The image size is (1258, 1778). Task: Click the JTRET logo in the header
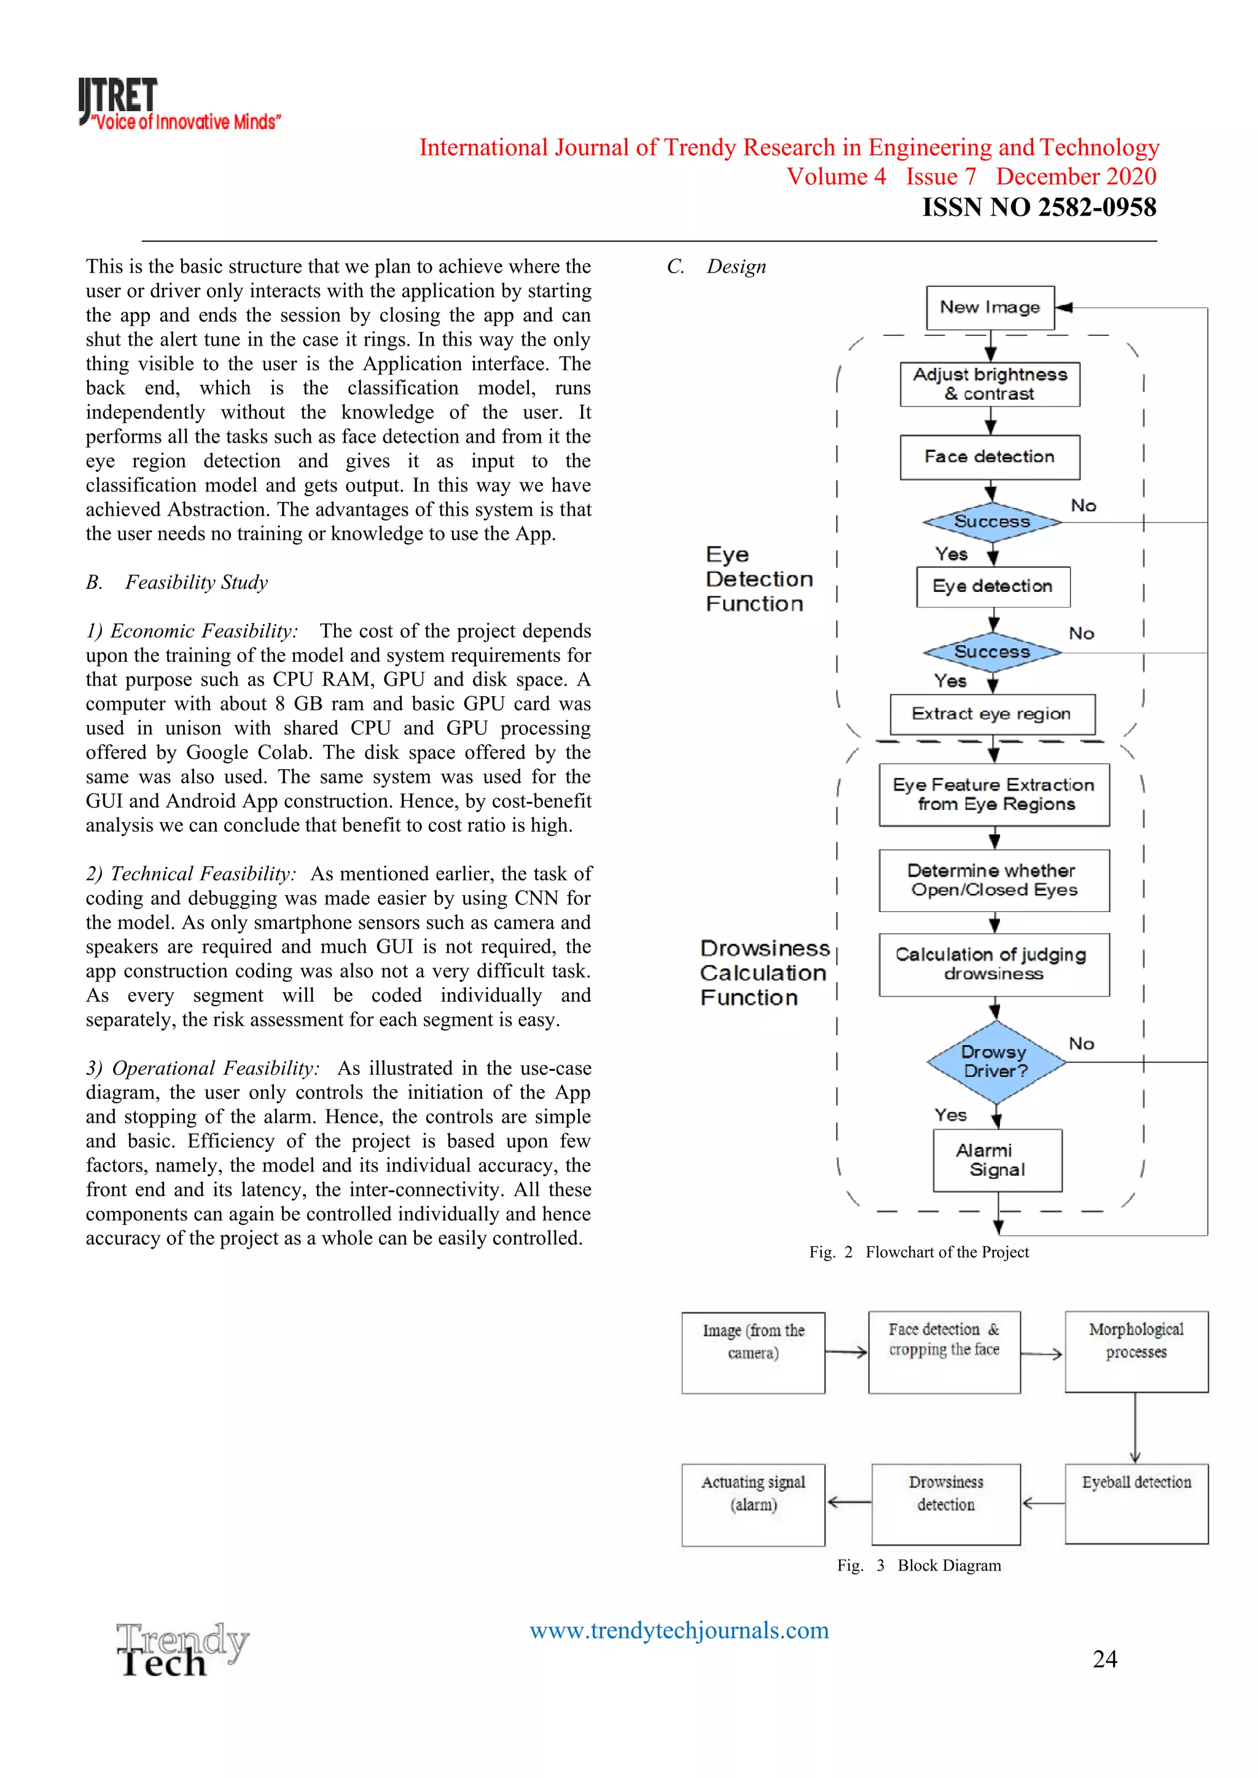178,103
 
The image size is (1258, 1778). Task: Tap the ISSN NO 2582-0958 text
1038,208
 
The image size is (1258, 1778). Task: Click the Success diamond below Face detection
991,522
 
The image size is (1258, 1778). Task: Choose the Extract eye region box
991,714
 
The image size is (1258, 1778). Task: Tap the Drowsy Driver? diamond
995,1062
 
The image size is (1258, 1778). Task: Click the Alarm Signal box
997,1160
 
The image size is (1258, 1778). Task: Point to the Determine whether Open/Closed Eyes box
994,880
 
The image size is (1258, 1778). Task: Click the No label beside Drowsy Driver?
1081,1044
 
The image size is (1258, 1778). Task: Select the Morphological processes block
1136,1351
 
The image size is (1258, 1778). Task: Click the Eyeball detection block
1136,1503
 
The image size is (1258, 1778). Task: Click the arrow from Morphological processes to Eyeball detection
1135,1428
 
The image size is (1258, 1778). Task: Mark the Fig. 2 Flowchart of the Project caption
919,1252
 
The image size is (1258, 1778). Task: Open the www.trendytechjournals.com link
679,1630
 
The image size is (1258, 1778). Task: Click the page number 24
1104,1659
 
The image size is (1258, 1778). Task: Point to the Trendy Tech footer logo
182,1650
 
